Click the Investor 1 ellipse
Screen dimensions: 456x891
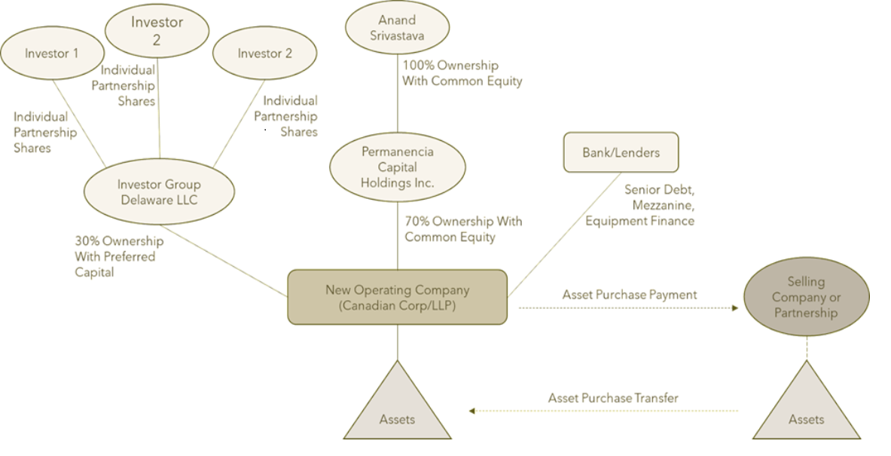(x=51, y=54)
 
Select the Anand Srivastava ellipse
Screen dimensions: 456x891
(x=397, y=28)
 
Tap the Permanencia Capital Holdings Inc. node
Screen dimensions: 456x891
(x=398, y=167)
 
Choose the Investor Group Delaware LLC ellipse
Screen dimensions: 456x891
(x=159, y=192)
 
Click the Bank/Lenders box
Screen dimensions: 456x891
(x=621, y=152)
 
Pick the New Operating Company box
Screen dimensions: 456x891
(x=397, y=297)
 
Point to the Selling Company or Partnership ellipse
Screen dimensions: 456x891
(x=806, y=297)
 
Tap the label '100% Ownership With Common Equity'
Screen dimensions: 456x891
(x=462, y=73)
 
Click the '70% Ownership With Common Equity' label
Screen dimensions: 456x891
(x=462, y=229)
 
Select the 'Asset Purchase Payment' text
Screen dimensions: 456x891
(x=630, y=295)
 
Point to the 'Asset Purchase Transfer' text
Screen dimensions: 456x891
(x=613, y=398)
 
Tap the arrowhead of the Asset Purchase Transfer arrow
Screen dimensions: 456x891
(x=472, y=411)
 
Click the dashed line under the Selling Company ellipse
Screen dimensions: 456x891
(x=806, y=348)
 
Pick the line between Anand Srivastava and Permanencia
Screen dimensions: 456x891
(x=397, y=98)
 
